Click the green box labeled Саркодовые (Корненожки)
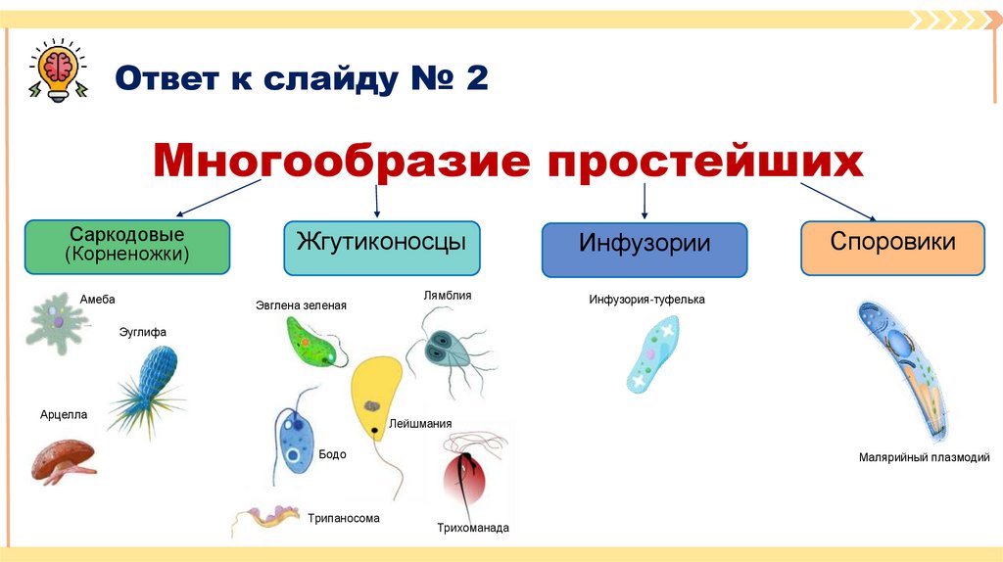pyautogui.click(x=127, y=247)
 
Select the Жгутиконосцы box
pyautogui.click(x=381, y=247)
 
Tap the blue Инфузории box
pyautogui.click(x=644, y=250)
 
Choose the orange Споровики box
pyautogui.click(x=892, y=247)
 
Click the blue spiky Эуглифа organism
pyautogui.click(x=148, y=381)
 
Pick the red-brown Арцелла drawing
pyautogui.click(x=63, y=460)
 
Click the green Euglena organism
pyautogui.click(x=313, y=343)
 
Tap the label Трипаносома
pyautogui.click(x=343, y=518)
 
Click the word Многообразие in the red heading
pyautogui.click(x=334, y=161)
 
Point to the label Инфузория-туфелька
pyautogui.click(x=646, y=300)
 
